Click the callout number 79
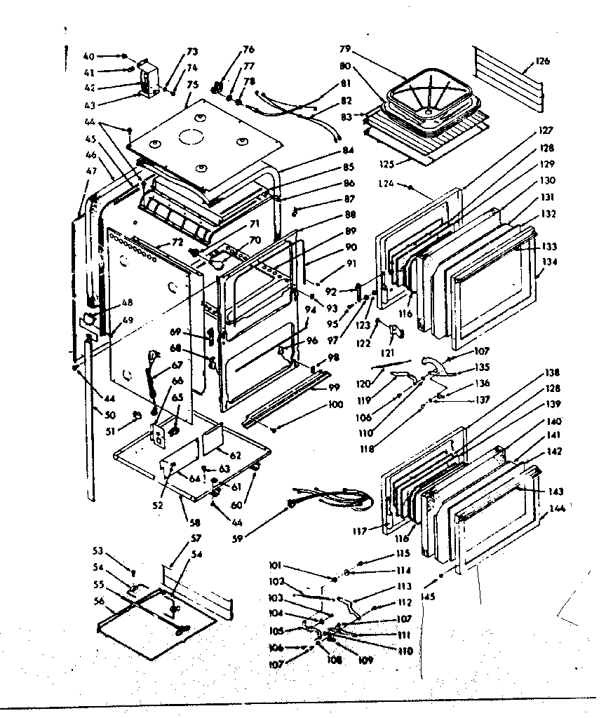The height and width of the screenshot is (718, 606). [344, 50]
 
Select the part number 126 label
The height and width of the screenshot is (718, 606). [542, 61]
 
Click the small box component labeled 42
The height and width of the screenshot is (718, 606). [149, 77]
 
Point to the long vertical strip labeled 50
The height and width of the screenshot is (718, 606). [90, 421]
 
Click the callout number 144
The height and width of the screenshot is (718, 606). [556, 508]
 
